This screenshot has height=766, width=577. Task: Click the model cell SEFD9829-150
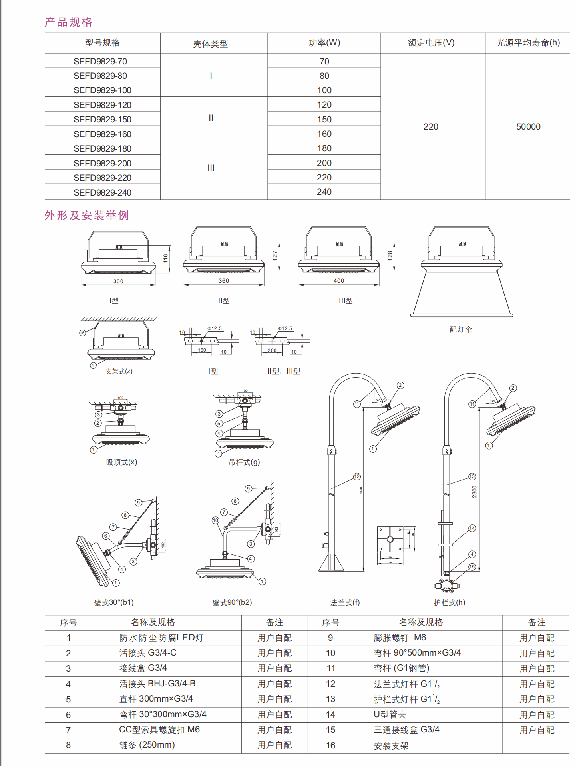pos(102,119)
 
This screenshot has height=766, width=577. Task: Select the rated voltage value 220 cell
pos(431,126)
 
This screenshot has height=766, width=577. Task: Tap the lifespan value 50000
pos(528,126)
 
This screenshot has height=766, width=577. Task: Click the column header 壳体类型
pos(211,44)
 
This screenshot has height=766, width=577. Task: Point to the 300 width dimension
pos(118,281)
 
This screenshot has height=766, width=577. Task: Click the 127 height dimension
pos(275,256)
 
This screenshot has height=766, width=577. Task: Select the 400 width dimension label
pos(339,281)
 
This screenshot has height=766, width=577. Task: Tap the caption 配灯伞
pos(461,329)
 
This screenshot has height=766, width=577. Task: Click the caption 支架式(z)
pos(119,371)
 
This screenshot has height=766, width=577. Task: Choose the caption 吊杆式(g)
pos(244,462)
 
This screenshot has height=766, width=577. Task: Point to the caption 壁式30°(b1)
pos(114,602)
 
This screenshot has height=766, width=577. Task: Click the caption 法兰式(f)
pos(345,602)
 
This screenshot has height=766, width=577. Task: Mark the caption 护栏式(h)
pos(450,602)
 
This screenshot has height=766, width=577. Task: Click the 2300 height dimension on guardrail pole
pos(474,492)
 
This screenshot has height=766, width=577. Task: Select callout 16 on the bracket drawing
pos(82,333)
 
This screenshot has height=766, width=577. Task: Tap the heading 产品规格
pos(68,22)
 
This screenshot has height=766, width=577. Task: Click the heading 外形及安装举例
pos(87,215)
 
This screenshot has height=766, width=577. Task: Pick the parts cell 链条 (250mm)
pos(147,745)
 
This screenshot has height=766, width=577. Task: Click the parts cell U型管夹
pos(390,714)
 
